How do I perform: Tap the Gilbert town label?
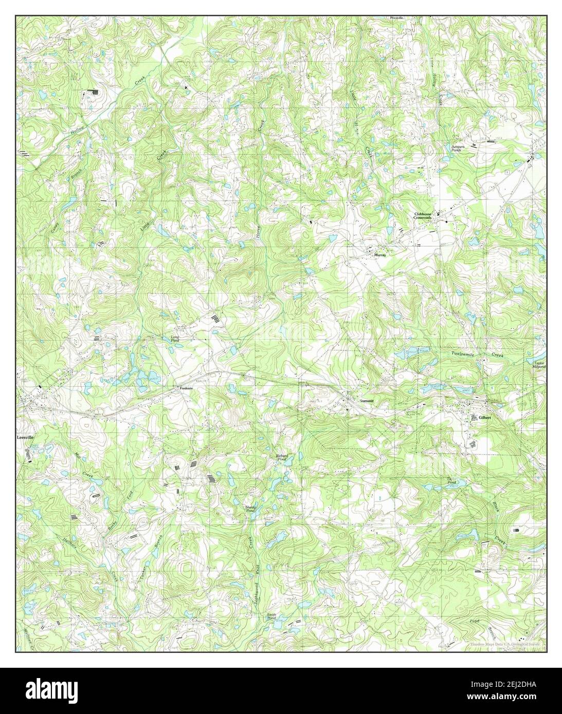click(x=485, y=418)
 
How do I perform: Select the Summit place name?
click(x=367, y=400)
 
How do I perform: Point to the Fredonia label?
click(x=186, y=388)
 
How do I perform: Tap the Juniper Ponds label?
click(x=458, y=148)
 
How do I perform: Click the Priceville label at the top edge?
click(x=396, y=17)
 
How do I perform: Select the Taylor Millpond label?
click(x=538, y=365)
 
